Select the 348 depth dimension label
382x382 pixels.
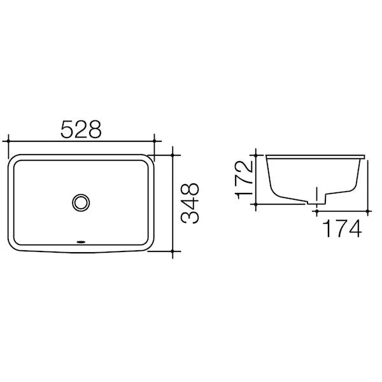tap(190, 203)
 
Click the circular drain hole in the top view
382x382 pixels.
tap(81, 201)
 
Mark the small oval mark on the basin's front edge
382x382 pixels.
tap(81, 243)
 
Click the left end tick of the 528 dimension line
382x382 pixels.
tap(8, 139)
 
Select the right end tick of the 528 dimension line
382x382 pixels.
tap(155, 139)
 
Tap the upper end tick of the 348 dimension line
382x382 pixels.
tap(173, 153)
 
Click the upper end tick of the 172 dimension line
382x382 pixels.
tap(256, 154)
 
